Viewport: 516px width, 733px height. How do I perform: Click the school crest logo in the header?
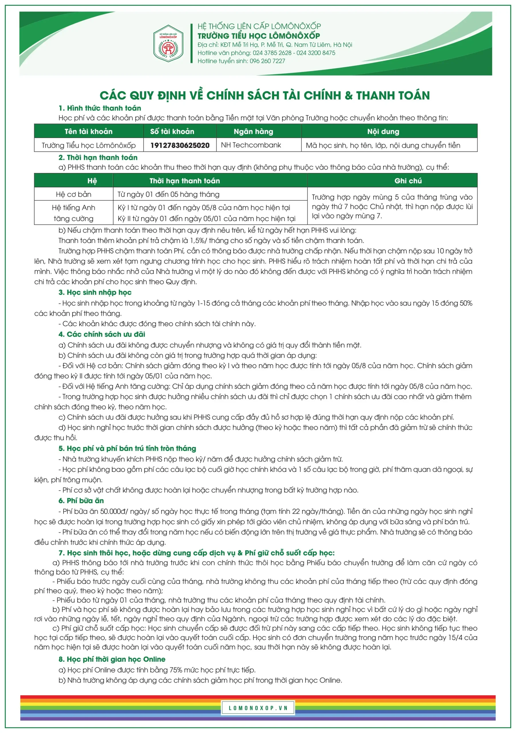[168, 44]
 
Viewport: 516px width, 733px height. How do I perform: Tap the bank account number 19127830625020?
[180, 145]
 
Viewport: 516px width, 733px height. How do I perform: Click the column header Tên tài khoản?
[88, 131]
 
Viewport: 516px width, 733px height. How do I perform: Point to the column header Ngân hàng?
[253, 131]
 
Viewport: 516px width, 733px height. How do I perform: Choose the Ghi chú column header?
[408, 181]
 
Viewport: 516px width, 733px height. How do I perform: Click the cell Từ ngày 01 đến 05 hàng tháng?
[168, 194]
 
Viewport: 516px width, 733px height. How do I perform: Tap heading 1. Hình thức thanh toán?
[100, 108]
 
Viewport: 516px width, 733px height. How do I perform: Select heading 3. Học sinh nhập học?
[95, 292]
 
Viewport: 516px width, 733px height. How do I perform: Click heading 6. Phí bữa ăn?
[81, 501]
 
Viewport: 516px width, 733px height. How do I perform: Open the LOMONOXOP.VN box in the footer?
[258, 708]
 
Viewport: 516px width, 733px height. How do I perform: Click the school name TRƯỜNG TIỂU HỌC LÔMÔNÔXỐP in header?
[258, 36]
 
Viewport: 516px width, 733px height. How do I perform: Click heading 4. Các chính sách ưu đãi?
[102, 334]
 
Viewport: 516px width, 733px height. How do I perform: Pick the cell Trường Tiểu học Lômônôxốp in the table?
[88, 145]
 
